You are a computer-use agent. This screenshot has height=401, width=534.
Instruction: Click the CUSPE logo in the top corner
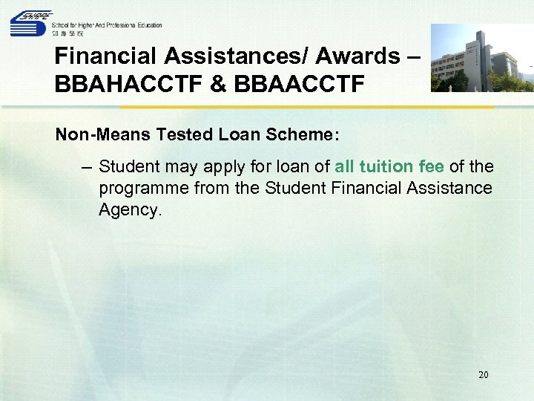click(x=30, y=23)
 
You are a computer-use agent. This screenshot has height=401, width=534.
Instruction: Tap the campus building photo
click(x=482, y=58)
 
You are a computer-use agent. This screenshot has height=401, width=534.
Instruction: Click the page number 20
click(x=483, y=375)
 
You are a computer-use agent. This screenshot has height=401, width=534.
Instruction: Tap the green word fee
click(x=444, y=166)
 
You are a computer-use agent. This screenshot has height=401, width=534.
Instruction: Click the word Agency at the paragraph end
click(x=129, y=210)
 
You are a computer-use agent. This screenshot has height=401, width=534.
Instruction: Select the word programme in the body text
click(x=143, y=189)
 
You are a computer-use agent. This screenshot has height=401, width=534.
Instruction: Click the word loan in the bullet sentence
click(x=293, y=166)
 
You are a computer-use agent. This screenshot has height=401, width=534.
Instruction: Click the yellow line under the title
click(x=274, y=107)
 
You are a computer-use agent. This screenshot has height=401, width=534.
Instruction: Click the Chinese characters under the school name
click(x=68, y=34)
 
